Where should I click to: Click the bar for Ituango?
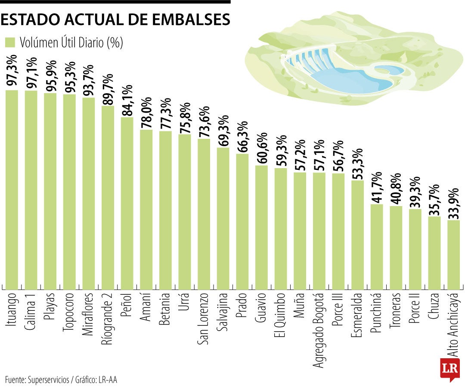coord(12,190)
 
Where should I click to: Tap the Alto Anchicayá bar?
coord(453,255)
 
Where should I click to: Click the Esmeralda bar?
coord(357,235)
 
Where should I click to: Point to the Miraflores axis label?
coord(89,314)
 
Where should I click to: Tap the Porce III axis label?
coord(338,310)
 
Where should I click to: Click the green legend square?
coord(10,43)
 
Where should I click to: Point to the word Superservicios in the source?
coord(48,380)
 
